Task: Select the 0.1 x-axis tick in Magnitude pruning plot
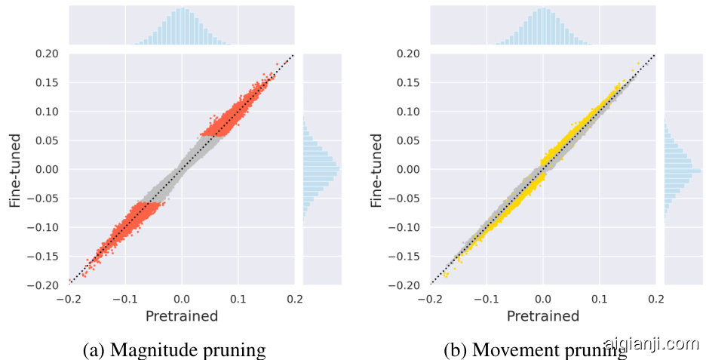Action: pyautogui.click(x=238, y=298)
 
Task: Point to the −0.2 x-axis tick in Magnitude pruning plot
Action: pyautogui.click(x=68, y=298)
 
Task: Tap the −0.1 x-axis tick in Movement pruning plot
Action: pyautogui.click(x=486, y=298)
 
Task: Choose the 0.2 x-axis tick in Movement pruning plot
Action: pyautogui.click(x=656, y=298)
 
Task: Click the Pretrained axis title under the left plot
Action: pyautogui.click(x=181, y=316)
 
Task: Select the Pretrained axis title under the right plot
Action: pyautogui.click(x=542, y=316)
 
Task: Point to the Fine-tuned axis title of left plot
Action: pyautogui.click(x=15, y=169)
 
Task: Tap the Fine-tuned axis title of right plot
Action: pyautogui.click(x=376, y=169)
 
